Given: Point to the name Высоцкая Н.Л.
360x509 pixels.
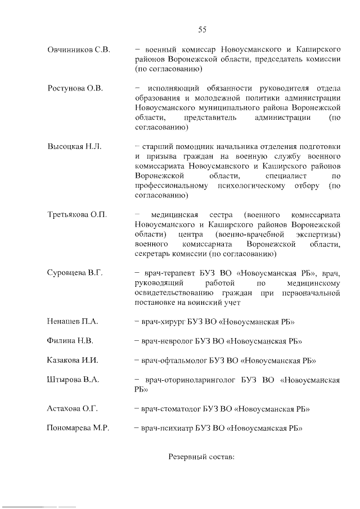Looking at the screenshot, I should [x=74, y=146].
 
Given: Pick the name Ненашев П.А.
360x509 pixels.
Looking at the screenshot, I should [x=72, y=322].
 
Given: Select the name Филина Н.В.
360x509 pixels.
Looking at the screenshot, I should [x=70, y=341].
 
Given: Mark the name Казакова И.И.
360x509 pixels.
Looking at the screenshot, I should [x=72, y=360].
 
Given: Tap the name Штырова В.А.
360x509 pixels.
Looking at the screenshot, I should [x=73, y=380].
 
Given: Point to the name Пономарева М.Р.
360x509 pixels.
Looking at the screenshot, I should [x=78, y=428].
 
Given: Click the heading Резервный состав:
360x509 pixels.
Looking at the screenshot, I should [x=201, y=457].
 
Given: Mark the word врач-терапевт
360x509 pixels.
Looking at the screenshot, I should [x=166, y=273].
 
